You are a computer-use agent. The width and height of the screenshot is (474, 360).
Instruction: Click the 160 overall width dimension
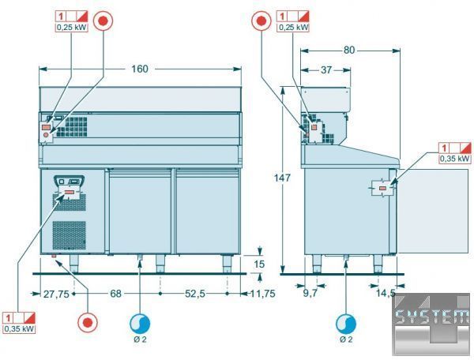(139, 69)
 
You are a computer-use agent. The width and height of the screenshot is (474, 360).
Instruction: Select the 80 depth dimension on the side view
(349, 51)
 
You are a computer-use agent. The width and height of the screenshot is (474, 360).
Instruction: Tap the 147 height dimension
(291, 178)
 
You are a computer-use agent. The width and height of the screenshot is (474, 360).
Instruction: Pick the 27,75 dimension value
(55, 294)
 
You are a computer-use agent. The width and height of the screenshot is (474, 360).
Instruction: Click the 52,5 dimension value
(194, 294)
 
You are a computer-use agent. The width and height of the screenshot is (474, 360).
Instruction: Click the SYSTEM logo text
(433, 318)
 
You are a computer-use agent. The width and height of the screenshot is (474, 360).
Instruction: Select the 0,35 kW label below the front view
(19, 329)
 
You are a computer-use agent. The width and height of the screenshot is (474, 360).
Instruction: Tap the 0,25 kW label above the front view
(71, 28)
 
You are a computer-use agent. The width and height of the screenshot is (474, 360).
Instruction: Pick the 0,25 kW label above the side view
(293, 28)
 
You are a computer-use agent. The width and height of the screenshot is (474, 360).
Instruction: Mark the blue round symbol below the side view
(345, 323)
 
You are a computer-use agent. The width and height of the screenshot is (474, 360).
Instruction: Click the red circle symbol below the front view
(89, 322)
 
